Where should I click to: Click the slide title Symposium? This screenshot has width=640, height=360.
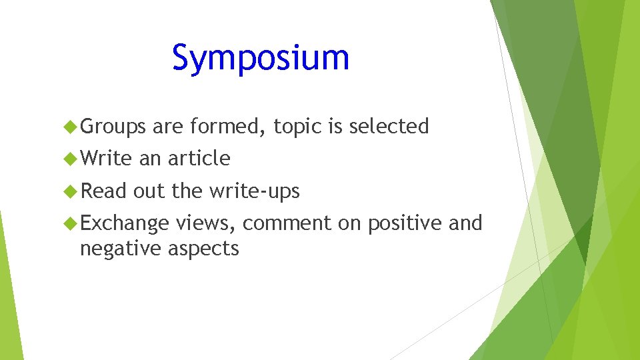[261, 58]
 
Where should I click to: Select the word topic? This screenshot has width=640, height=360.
[297, 127]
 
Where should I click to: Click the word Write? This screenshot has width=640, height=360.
[107, 159]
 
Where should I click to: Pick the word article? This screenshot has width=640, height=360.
[199, 159]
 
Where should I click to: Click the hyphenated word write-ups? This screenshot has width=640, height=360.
[255, 192]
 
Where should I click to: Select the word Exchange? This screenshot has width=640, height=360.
[124, 224]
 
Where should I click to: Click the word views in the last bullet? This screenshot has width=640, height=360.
[205, 224]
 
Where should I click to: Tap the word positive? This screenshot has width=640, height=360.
[405, 224]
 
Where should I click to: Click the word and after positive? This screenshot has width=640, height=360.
[465, 223]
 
